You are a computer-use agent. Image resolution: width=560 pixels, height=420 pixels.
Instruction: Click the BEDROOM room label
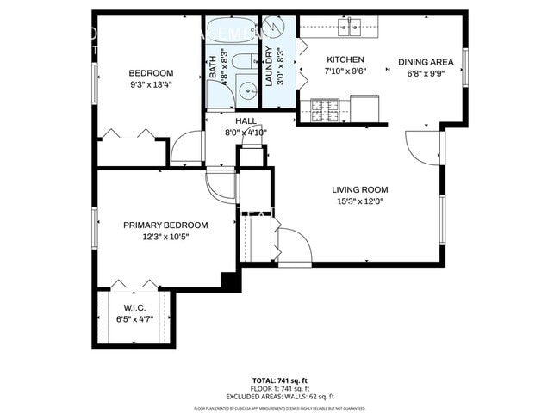pyautogui.click(x=151, y=73)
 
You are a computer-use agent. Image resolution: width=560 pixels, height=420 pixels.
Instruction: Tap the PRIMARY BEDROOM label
pyautogui.click(x=165, y=225)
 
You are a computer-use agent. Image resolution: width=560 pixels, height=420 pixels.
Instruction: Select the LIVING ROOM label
pyautogui.click(x=359, y=190)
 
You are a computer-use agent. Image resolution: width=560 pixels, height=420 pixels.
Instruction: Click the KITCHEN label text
pyautogui.click(x=345, y=60)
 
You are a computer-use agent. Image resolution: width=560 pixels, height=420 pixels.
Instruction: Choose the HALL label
pyautogui.click(x=246, y=121)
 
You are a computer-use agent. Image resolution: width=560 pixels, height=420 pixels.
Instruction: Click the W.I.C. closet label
pyautogui.click(x=134, y=308)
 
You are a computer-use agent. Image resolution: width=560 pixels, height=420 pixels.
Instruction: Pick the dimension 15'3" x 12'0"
pyautogui.click(x=359, y=202)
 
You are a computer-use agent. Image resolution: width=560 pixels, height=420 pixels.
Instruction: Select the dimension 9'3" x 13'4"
pyautogui.click(x=151, y=85)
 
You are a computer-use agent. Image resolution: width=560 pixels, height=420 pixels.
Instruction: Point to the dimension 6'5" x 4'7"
pyautogui.click(x=134, y=319)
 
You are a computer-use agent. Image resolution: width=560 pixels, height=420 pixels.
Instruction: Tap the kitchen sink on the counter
pyautogui.click(x=349, y=31)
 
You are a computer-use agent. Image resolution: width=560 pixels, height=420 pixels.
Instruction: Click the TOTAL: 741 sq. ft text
pyautogui.click(x=279, y=380)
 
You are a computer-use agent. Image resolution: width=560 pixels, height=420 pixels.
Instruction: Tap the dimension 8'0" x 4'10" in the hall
pyautogui.click(x=246, y=133)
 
